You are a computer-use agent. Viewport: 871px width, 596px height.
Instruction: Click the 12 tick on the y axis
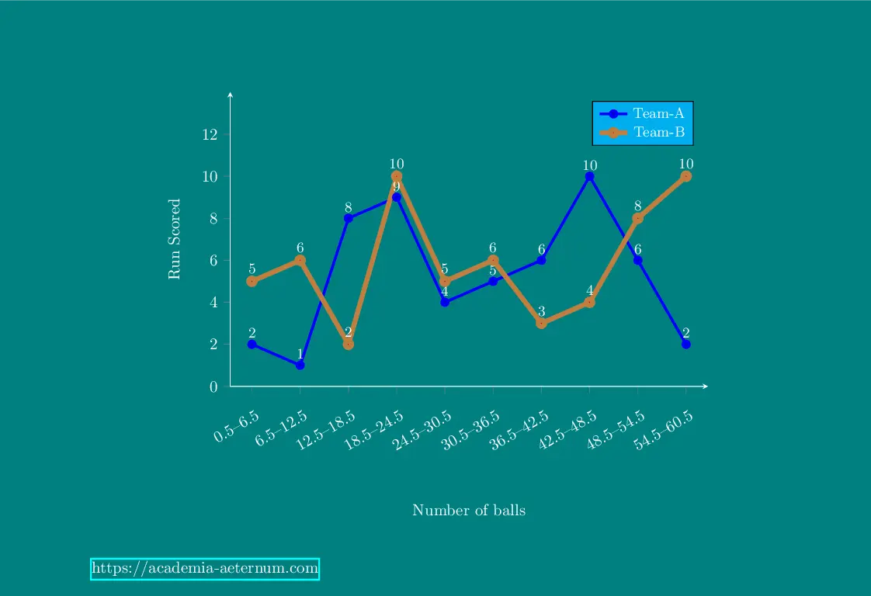coord(209,134)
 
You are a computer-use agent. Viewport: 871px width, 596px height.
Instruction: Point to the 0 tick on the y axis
coord(213,386)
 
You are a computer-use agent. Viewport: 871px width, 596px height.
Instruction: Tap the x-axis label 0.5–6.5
coord(237,427)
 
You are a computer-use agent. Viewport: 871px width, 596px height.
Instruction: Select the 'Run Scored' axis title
coord(175,239)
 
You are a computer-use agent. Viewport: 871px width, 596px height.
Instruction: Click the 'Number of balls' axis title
coord(469,510)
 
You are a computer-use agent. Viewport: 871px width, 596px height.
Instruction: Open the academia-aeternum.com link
coord(205,569)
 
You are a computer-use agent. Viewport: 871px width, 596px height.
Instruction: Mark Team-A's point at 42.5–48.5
coord(590,176)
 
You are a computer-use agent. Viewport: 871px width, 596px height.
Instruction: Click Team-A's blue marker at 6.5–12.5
coord(300,365)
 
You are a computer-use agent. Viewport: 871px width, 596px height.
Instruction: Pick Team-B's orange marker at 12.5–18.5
coord(349,344)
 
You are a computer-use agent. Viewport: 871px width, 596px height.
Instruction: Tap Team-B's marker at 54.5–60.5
coord(686,176)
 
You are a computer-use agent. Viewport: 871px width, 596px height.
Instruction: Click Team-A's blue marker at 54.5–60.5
coord(686,344)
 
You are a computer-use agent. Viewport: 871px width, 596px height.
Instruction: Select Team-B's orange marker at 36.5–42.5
coord(542,323)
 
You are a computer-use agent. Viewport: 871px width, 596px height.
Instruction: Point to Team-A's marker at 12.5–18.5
coord(349,218)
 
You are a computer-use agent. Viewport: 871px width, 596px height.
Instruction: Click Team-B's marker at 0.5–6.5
coord(252,281)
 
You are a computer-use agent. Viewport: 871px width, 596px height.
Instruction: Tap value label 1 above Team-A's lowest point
coord(300,354)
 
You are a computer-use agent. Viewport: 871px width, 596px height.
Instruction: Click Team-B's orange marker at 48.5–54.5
coord(638,218)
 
